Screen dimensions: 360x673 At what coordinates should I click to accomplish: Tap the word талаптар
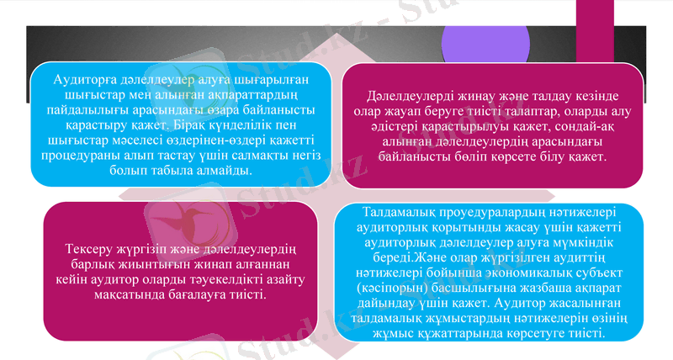point(523,112)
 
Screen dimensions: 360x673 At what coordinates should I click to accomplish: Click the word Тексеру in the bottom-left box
point(93,250)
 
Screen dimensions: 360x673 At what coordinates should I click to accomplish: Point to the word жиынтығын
point(135,265)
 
